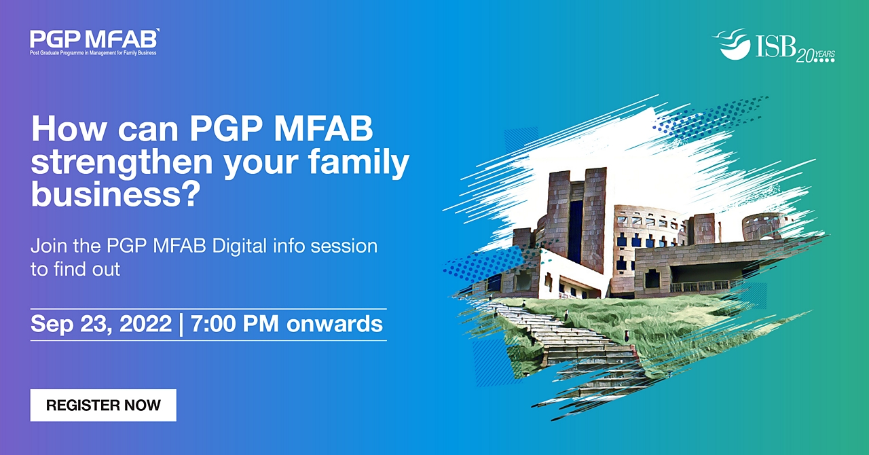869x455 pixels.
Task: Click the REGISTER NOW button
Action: (x=103, y=405)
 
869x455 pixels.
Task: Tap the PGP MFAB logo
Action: (x=94, y=41)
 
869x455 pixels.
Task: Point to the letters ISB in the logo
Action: (x=775, y=46)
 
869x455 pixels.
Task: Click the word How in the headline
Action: (x=69, y=128)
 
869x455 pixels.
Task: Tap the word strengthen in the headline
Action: (x=122, y=162)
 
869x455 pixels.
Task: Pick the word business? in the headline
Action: (x=115, y=194)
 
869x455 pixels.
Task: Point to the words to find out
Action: (x=75, y=269)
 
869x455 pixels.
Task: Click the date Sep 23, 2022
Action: (x=101, y=323)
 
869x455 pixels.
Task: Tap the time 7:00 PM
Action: (x=234, y=323)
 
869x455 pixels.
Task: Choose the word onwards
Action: (x=334, y=324)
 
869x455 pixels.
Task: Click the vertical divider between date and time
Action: (x=181, y=325)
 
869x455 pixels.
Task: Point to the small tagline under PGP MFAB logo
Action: (x=93, y=53)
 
